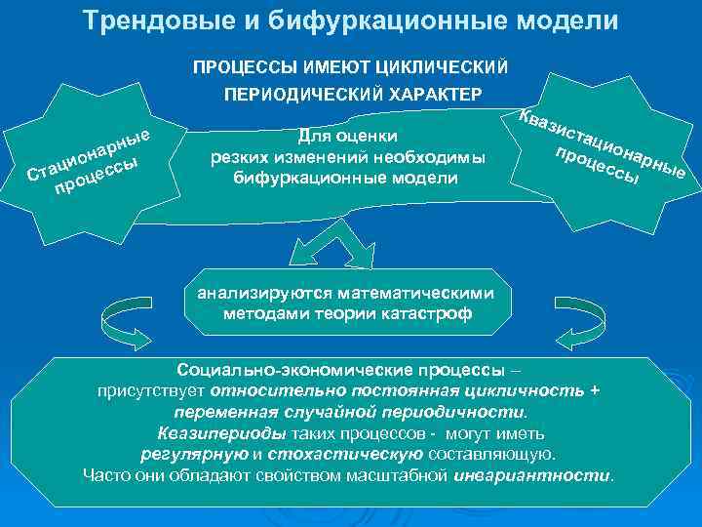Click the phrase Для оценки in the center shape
coord(347,137)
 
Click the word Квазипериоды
coord(221,433)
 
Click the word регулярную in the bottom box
coord(195,455)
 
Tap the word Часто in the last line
coord(106,476)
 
